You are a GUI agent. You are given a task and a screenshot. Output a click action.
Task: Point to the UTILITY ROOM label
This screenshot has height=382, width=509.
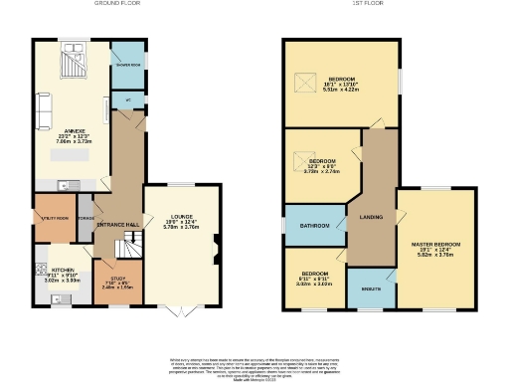click(54, 216)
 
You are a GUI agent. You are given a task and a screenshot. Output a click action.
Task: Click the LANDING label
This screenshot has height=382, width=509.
click(370, 217)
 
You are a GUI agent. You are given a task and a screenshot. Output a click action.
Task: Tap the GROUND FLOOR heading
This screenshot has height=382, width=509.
click(115, 4)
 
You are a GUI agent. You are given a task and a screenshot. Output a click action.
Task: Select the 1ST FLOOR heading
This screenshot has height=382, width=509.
click(364, 4)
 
